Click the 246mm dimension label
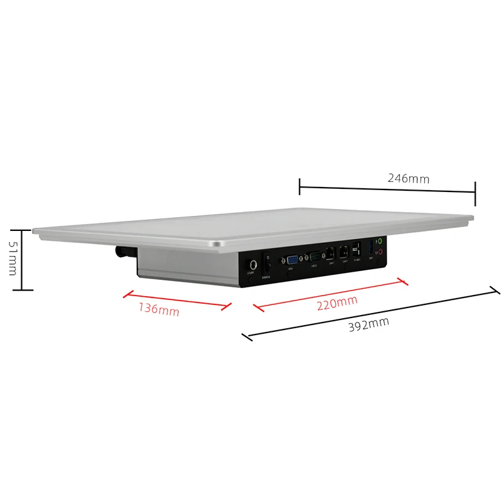(x=409, y=178)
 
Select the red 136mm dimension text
(x=158, y=309)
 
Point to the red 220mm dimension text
(x=336, y=304)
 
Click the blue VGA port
(x=292, y=260)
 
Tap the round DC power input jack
(x=252, y=265)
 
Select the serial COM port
(x=315, y=257)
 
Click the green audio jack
(x=380, y=240)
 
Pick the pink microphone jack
(x=380, y=251)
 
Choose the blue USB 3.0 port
(x=370, y=246)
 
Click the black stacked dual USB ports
(x=356, y=248)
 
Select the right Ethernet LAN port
(x=343, y=252)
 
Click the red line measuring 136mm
(x=177, y=299)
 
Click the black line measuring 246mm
(x=387, y=186)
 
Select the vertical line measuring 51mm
(x=23, y=259)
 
